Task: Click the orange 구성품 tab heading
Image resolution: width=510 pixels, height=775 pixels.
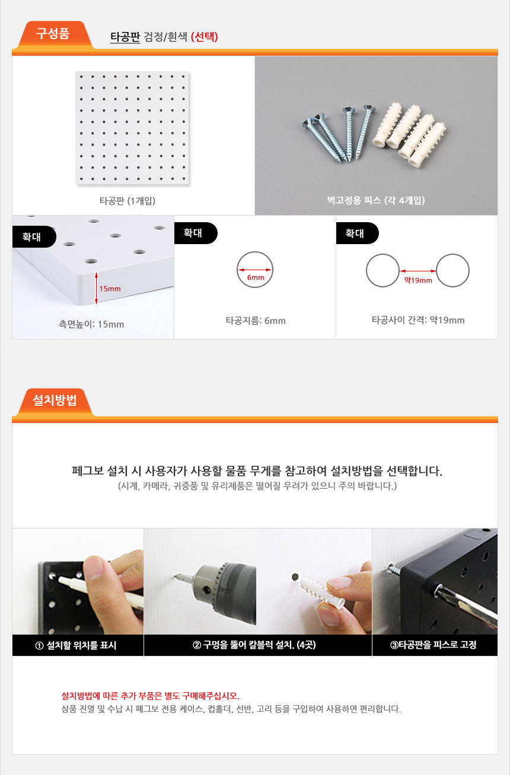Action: [x=53, y=34]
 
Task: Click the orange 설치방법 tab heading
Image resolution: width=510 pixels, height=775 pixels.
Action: [x=55, y=401]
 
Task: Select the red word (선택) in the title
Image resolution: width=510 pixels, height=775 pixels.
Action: [x=204, y=37]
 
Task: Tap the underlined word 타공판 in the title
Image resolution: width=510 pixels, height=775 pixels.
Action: [x=125, y=37]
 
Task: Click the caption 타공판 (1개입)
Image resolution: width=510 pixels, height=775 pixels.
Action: [x=128, y=201]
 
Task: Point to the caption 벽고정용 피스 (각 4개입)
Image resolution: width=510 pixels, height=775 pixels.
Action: [x=376, y=200]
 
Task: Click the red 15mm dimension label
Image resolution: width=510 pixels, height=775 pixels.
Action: [x=110, y=289]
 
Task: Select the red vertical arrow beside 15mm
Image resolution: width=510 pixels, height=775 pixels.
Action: [x=96, y=288]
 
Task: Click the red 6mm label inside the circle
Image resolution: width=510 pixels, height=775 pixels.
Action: [x=256, y=277]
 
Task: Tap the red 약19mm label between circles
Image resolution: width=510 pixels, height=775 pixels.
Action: [x=418, y=280]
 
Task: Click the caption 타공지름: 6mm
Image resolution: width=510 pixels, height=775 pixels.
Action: [x=256, y=321]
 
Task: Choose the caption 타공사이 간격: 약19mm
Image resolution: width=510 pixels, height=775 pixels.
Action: [x=418, y=320]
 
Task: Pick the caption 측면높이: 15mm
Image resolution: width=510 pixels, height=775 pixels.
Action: [x=91, y=324]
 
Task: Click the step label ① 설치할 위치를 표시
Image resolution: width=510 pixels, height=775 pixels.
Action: [x=75, y=645]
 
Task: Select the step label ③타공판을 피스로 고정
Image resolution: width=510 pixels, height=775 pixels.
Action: [x=434, y=645]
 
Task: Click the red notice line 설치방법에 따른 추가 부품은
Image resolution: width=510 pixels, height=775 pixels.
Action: [x=150, y=696]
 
